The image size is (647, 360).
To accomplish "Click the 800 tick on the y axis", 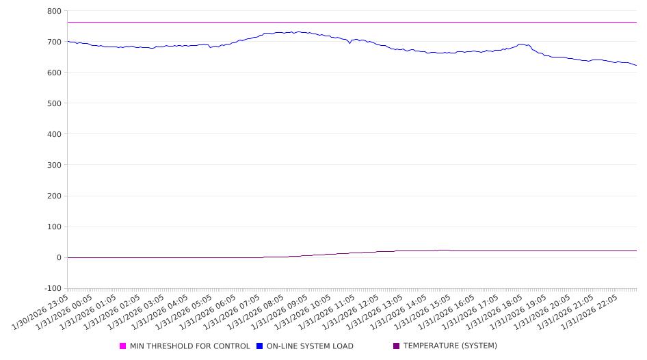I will click(x=53, y=11).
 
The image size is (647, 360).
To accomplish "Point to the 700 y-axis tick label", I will click(x=53, y=42).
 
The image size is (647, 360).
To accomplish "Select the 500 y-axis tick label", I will click(x=53, y=103).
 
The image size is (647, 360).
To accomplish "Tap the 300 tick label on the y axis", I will click(x=53, y=165).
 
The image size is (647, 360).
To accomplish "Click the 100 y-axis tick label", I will click(x=53, y=227).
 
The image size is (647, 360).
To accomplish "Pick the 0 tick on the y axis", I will click(x=58, y=257).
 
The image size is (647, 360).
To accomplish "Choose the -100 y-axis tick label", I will click(x=51, y=288).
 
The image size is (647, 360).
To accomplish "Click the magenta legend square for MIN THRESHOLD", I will click(x=123, y=346).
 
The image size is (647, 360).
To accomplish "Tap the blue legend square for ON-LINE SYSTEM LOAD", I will click(x=260, y=346).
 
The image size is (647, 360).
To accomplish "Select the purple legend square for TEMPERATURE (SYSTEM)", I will click(x=397, y=346).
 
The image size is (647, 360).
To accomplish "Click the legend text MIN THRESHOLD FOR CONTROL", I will click(x=189, y=346).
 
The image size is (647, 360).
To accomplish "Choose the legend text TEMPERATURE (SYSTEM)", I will click(x=450, y=346).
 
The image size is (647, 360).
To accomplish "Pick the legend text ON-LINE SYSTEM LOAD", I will click(x=310, y=346).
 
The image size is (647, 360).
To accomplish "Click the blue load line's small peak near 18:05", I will click(x=522, y=44).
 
